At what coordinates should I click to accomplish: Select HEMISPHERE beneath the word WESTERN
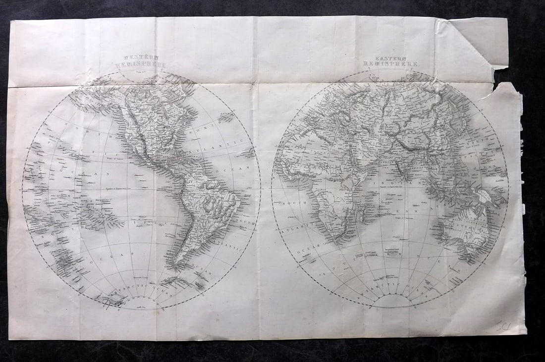tap(141, 65)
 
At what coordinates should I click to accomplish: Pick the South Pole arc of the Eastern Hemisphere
tap(391, 300)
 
